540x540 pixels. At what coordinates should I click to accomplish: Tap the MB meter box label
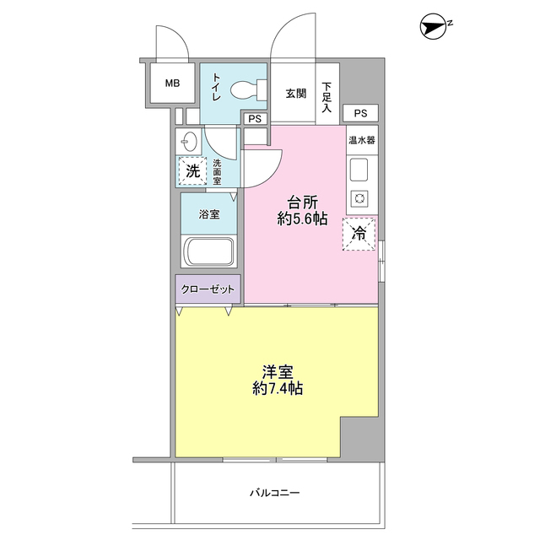pos(172,84)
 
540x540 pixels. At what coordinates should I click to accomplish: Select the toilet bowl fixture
pos(246,88)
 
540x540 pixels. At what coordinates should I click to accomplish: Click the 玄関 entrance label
pos(295,93)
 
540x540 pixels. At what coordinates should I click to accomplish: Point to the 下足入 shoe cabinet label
pos(327,92)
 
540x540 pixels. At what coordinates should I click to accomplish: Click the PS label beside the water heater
pos(361,113)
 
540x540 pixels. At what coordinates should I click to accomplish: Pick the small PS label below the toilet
pos(255,119)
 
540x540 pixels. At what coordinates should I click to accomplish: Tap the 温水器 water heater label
pos(362,139)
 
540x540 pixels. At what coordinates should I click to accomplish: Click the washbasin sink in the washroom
pos(188,141)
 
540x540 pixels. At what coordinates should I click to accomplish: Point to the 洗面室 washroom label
pos(217,171)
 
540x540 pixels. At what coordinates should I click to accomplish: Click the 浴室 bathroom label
pos(209,214)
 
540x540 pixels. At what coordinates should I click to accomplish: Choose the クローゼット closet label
pos(209,289)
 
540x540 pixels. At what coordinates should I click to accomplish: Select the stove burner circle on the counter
pos(359,199)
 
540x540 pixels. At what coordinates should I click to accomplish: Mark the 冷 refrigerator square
pos(359,234)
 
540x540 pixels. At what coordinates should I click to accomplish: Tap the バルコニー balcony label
pos(274,492)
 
